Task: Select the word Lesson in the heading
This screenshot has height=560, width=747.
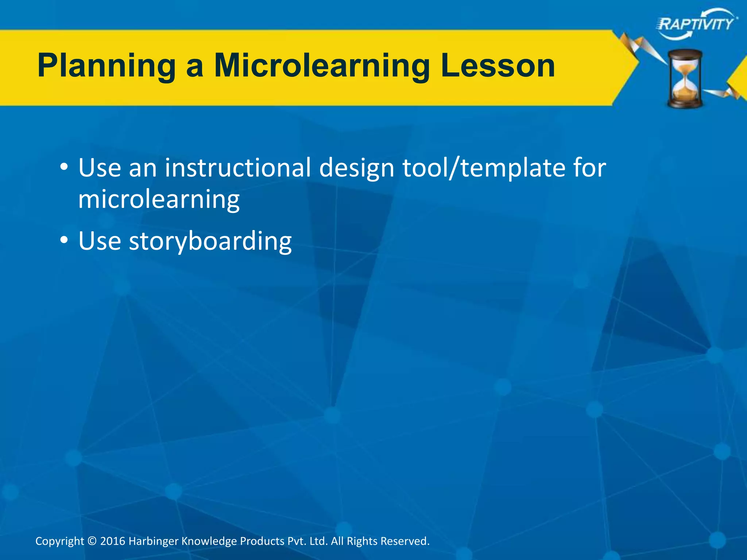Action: tap(498, 66)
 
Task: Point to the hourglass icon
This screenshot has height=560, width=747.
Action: tap(685, 79)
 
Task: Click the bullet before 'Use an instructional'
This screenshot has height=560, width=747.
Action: tap(64, 168)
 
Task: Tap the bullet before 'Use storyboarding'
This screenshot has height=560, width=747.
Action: tap(64, 241)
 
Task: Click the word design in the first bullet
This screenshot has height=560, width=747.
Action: tap(357, 168)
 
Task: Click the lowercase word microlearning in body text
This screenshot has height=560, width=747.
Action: tap(159, 199)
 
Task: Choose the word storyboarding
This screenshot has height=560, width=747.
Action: tap(210, 241)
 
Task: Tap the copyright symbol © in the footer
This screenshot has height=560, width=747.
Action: tap(92, 541)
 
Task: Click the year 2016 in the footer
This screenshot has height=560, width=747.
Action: tap(113, 541)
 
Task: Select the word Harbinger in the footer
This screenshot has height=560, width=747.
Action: tap(154, 541)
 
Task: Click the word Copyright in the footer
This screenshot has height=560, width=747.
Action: tap(59, 541)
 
